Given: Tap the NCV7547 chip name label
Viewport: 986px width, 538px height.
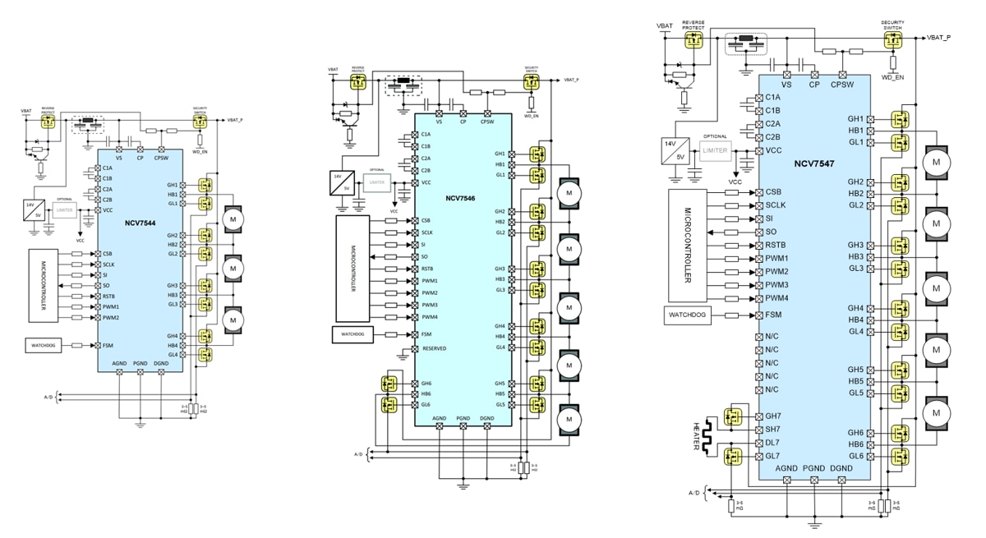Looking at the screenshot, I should [x=813, y=164].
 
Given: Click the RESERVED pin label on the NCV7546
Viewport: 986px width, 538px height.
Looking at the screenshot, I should [x=434, y=348].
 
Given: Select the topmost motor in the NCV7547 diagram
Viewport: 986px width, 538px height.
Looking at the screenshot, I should [x=935, y=163].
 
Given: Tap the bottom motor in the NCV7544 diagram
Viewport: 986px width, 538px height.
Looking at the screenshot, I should [x=233, y=317].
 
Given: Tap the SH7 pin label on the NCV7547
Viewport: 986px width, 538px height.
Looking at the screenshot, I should [x=772, y=430].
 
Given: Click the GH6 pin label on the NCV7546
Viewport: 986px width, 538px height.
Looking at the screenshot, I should [x=426, y=384].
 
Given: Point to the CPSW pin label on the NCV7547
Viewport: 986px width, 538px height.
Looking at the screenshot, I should [x=842, y=84].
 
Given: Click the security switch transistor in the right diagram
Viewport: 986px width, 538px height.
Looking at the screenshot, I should [x=892, y=38].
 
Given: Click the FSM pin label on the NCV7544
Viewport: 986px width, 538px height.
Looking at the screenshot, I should [x=108, y=345].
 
